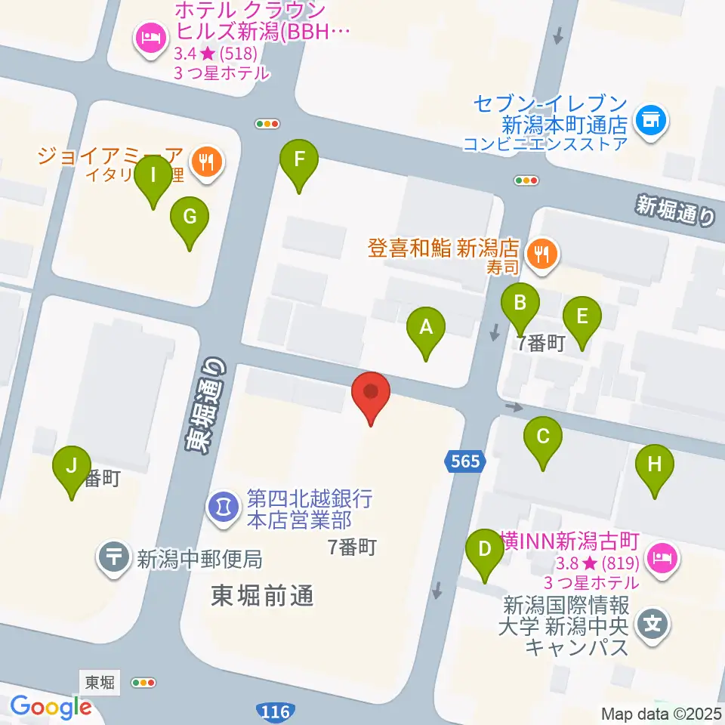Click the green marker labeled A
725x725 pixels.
pyautogui.click(x=426, y=328)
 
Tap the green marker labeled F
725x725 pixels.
pyautogui.click(x=299, y=160)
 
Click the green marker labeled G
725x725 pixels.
pyautogui.click(x=190, y=218)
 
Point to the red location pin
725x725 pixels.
pyautogui.click(x=371, y=393)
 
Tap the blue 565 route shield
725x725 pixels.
pyautogui.click(x=466, y=461)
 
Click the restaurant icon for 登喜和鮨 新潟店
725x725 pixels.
pyautogui.click(x=543, y=252)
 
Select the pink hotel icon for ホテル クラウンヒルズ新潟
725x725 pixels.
pyautogui.click(x=149, y=38)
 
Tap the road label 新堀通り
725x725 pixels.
pyautogui.click(x=675, y=211)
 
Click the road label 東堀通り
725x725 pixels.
pyautogui.click(x=206, y=405)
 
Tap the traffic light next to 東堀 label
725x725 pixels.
pyautogui.click(x=143, y=683)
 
